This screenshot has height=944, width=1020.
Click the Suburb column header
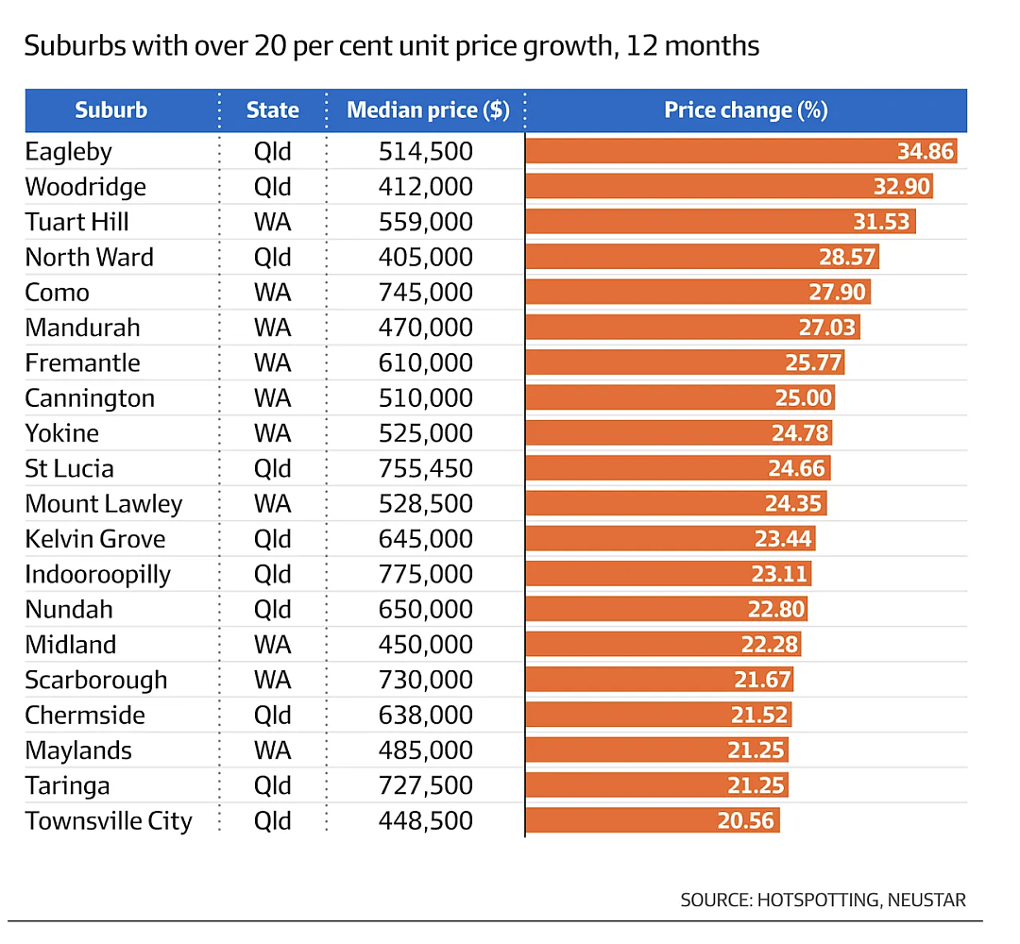pyautogui.click(x=111, y=110)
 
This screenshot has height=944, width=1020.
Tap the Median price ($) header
pyautogui.click(x=428, y=110)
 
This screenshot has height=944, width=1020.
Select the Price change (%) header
pyautogui.click(x=746, y=110)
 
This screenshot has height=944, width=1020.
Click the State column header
pyautogui.click(x=273, y=110)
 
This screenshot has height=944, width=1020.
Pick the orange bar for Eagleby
pyautogui.click(x=741, y=151)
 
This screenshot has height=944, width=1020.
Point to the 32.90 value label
pyautogui.click(x=902, y=187)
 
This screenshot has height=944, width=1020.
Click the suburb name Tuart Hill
pyautogui.click(x=76, y=222)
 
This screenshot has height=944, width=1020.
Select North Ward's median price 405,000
pyautogui.click(x=425, y=258)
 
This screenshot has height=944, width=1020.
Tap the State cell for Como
pyautogui.click(x=273, y=293)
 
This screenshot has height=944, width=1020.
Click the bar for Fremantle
pyautogui.click(x=685, y=362)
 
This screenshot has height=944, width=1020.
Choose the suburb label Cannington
pyautogui.click(x=90, y=397)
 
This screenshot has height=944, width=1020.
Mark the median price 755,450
pyautogui.click(x=425, y=469)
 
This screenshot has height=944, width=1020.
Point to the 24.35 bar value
pyautogui.click(x=793, y=504)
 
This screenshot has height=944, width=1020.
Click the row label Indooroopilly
pyautogui.click(x=97, y=575)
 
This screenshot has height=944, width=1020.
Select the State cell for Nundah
pyautogui.click(x=273, y=610)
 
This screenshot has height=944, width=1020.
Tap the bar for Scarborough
pyautogui.click(x=659, y=680)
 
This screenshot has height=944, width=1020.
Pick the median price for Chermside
pyautogui.click(x=425, y=716)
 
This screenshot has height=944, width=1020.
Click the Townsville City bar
pyautogui.click(x=653, y=820)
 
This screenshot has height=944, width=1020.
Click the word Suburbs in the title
pyautogui.click(x=75, y=45)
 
